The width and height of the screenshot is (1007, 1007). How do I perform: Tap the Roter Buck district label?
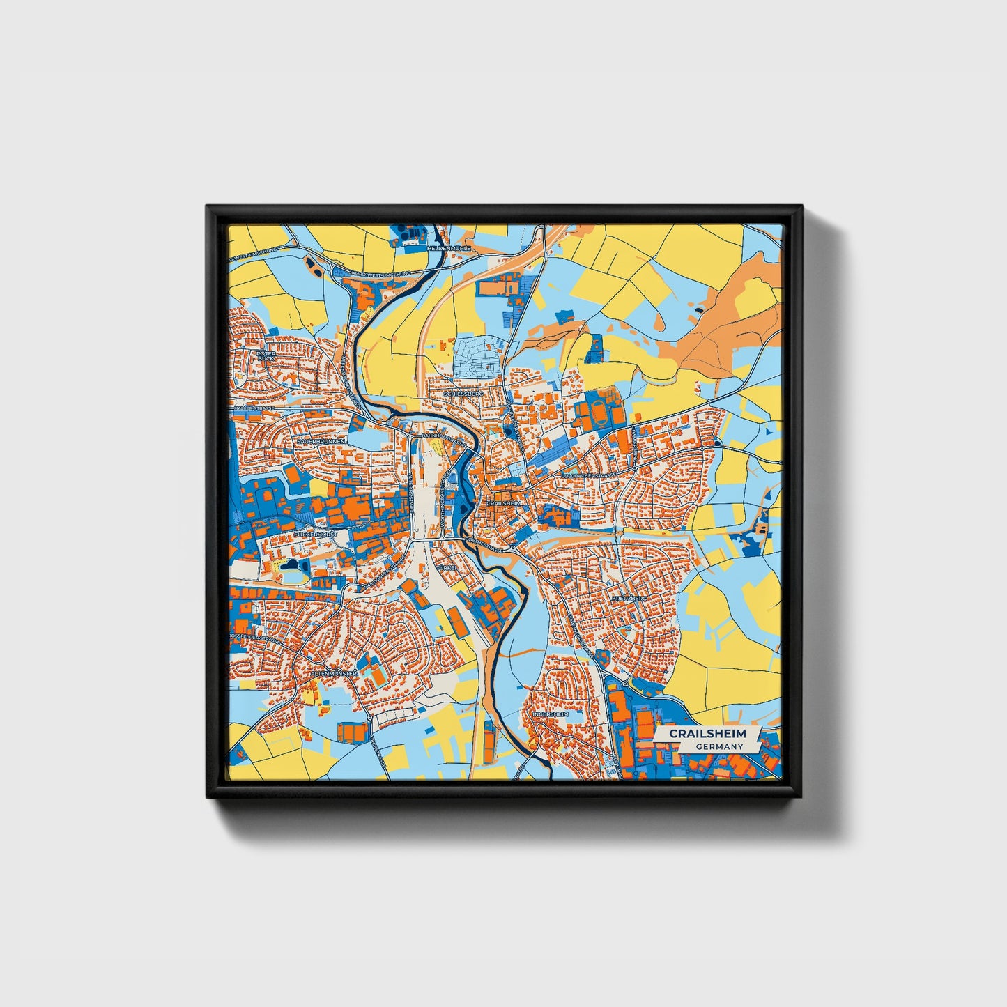(266, 356)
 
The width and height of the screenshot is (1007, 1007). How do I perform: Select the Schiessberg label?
(464, 394)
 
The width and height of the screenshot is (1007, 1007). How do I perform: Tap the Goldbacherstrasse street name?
(590, 475)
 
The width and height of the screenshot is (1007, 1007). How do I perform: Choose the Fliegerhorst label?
(316, 534)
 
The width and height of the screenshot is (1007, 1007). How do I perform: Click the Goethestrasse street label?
(483, 541)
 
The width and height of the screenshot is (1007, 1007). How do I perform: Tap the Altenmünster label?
(335, 675)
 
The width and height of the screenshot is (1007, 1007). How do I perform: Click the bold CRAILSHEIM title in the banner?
(707, 734)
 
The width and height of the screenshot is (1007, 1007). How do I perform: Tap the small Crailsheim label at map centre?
(504, 502)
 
